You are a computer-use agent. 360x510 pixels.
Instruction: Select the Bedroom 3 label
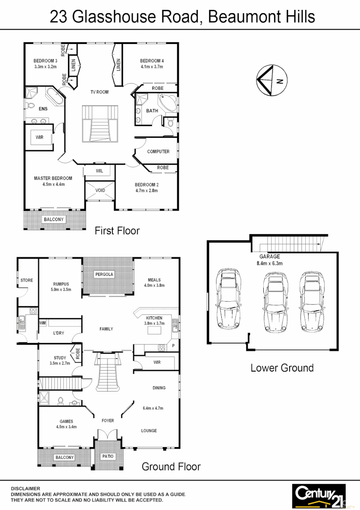point(45,61)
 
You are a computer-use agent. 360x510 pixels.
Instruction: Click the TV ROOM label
point(100,92)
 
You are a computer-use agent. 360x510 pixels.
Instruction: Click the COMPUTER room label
point(158,152)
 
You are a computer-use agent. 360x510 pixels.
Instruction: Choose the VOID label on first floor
point(100,191)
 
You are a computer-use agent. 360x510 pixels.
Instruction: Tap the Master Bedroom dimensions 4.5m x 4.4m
point(53,185)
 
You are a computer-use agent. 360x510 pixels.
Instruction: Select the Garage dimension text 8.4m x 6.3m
point(269,263)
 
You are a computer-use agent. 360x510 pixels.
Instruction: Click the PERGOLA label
point(104,274)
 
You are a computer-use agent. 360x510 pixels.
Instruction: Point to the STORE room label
point(27,280)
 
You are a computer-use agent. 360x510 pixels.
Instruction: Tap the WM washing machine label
point(43,323)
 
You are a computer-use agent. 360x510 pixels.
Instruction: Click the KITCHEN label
point(154,318)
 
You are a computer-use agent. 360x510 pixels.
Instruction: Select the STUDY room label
point(60,358)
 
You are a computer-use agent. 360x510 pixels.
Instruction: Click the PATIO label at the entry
point(108,456)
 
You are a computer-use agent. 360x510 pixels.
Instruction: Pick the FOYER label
point(108,420)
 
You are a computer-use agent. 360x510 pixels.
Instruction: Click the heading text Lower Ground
point(282,368)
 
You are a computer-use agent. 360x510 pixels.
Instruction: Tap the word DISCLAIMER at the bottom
point(25,489)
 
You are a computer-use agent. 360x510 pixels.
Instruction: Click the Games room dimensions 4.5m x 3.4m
point(66,427)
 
